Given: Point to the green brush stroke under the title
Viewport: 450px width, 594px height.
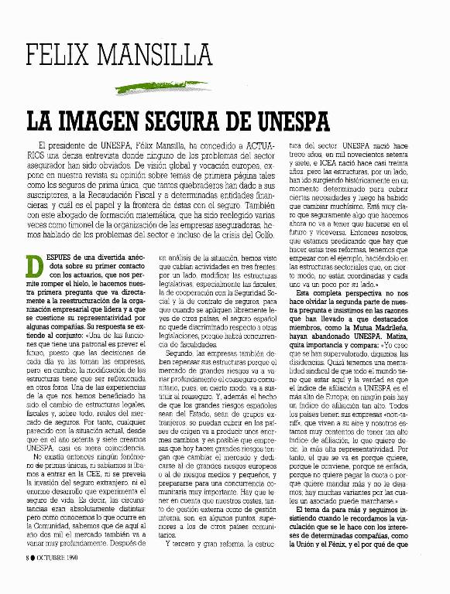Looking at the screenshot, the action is click(x=116, y=84).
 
